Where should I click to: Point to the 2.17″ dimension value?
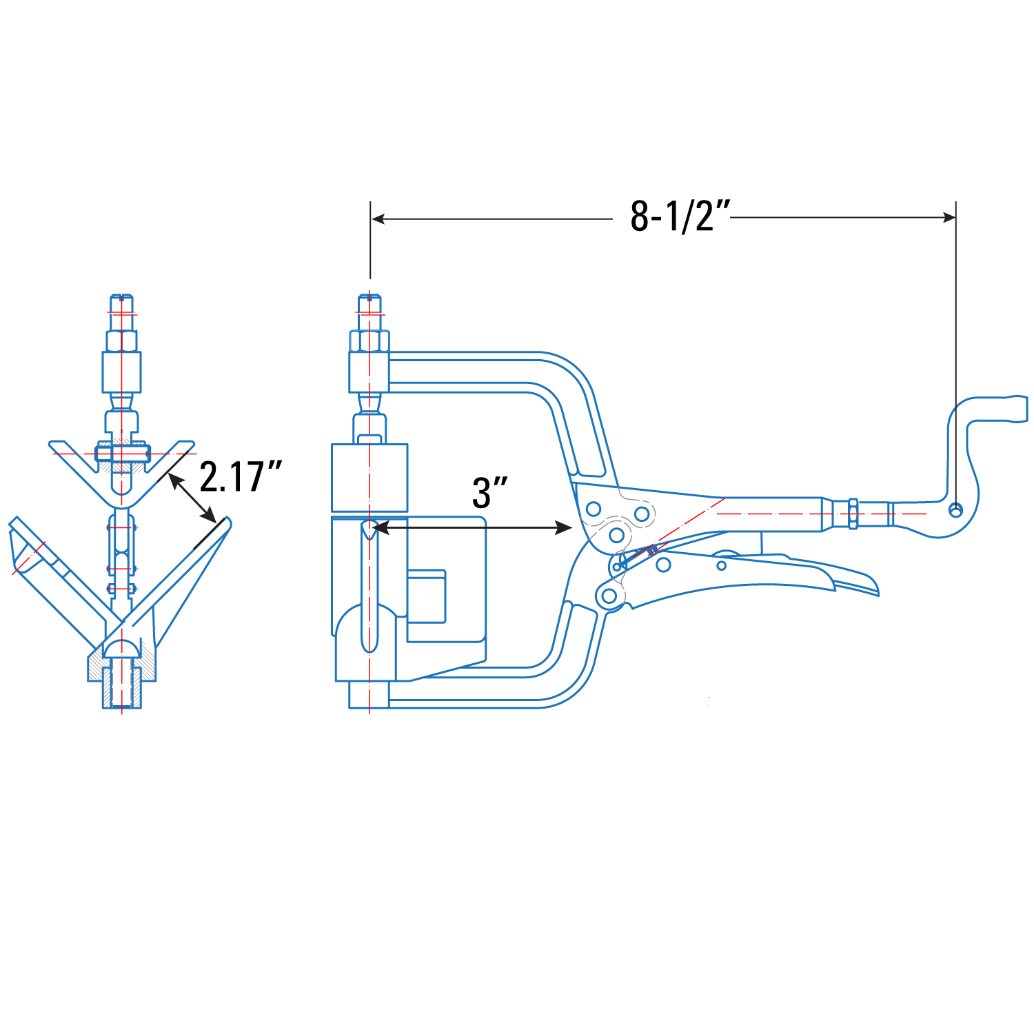(x=241, y=476)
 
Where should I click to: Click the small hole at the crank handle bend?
(x=955, y=510)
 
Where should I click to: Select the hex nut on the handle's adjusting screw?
(x=853, y=514)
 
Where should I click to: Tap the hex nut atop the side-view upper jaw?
(x=370, y=341)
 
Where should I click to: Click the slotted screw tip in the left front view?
(x=122, y=303)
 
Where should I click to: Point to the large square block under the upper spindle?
(x=369, y=477)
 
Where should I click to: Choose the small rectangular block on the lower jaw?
(x=427, y=596)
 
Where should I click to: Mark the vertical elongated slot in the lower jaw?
(x=370, y=586)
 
